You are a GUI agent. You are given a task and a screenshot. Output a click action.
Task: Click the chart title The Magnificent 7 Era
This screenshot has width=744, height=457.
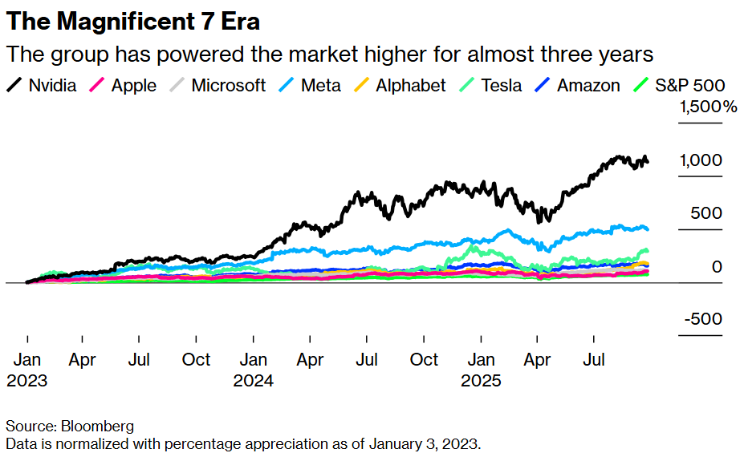click(132, 21)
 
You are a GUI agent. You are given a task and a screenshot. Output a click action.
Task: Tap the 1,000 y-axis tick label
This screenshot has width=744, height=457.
click(701, 160)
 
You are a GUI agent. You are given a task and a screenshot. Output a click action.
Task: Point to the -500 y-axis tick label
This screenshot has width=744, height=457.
click(703, 319)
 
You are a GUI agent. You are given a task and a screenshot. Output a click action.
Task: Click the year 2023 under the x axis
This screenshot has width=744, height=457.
click(26, 381)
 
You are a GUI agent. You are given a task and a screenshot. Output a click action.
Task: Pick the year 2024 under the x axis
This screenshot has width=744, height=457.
click(254, 381)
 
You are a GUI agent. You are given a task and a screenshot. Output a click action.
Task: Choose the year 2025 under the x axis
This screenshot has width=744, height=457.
click(481, 381)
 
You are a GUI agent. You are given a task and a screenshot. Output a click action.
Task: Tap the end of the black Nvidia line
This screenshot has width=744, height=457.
click(648, 163)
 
